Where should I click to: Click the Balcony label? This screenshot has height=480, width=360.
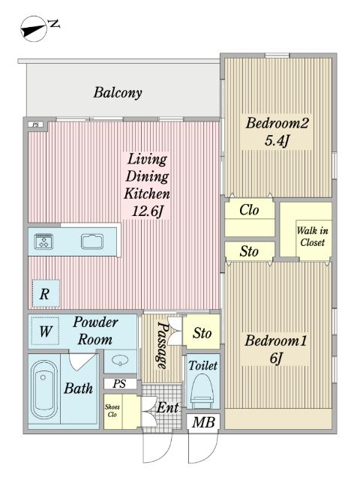(x=118, y=93)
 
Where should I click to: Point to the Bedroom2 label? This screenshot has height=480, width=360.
(x=277, y=123)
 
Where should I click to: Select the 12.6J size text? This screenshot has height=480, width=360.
(x=147, y=211)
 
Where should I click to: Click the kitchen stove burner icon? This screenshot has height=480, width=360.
(x=44, y=241)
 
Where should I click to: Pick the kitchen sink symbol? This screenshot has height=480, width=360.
(x=92, y=241)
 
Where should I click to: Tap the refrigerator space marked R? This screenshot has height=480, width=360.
(x=46, y=293)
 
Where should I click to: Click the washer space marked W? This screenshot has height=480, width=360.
(x=45, y=331)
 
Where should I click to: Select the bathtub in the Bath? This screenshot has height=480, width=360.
(x=44, y=389)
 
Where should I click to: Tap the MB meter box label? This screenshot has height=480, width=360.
(x=203, y=423)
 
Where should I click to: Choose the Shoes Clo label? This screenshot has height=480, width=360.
(x=112, y=410)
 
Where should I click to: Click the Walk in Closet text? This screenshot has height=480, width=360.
(x=313, y=236)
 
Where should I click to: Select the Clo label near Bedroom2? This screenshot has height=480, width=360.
(x=249, y=210)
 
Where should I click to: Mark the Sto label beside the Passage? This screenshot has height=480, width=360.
(x=202, y=333)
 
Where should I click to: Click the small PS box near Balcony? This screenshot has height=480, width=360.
(x=36, y=125)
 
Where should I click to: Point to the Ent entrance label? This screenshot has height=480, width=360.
(x=168, y=407)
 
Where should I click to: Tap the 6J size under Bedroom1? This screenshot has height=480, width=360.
(x=276, y=358)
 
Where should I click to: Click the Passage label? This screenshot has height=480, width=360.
(x=163, y=345)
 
